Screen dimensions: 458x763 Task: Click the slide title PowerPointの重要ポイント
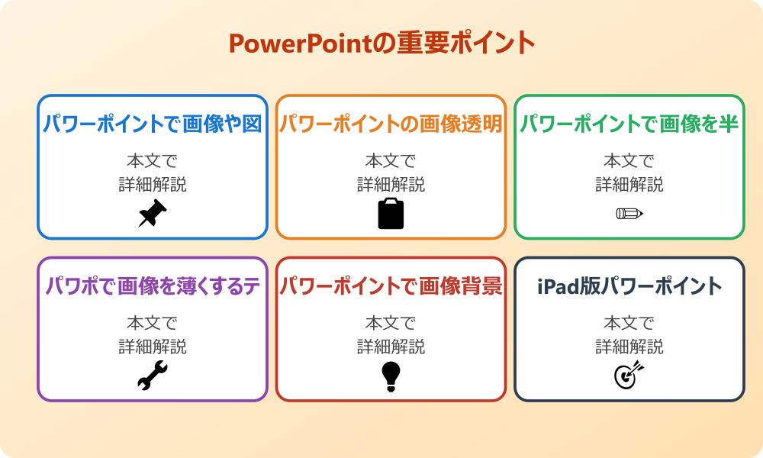[x=381, y=44]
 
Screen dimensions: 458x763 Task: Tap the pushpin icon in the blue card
[x=153, y=214]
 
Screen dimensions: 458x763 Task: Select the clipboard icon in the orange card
[x=391, y=214]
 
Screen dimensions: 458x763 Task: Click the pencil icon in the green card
[x=629, y=213]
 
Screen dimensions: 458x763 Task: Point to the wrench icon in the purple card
[x=153, y=376]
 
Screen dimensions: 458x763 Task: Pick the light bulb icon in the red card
[x=391, y=376]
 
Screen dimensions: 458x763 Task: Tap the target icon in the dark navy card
[x=629, y=376]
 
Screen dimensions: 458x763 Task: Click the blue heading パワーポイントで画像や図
[x=153, y=124]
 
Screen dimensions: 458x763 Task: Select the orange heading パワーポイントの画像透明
[x=391, y=124]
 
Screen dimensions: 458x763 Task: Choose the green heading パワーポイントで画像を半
[x=629, y=124]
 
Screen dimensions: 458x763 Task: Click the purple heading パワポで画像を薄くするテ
[x=153, y=286]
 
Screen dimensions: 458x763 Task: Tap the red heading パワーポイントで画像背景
[x=391, y=286]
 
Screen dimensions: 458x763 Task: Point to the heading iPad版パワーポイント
[x=629, y=286]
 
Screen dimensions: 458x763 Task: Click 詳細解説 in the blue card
[x=153, y=184]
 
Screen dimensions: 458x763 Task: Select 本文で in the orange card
[x=391, y=161]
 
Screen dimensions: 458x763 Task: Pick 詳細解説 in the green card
[x=629, y=184]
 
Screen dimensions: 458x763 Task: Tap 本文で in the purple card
[x=153, y=323]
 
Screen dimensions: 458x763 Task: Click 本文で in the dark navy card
[x=629, y=323]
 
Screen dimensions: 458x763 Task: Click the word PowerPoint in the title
[x=301, y=44]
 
